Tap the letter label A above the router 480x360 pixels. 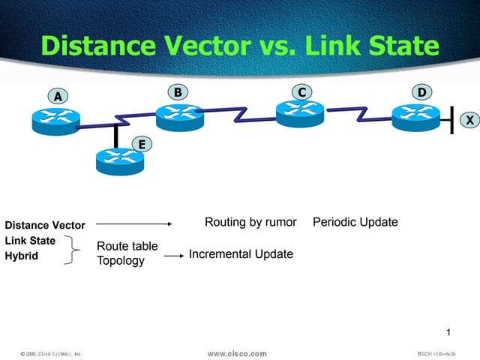pyautogui.click(x=56, y=96)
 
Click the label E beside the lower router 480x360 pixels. pyautogui.click(x=139, y=143)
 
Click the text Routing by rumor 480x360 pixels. pyautogui.click(x=250, y=222)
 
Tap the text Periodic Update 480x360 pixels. pyautogui.click(x=355, y=222)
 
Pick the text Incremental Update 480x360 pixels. pyautogui.click(x=241, y=254)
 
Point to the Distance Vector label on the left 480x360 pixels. pyautogui.click(x=45, y=225)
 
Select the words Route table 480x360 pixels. pyautogui.click(x=127, y=246)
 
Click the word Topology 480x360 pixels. pyautogui.click(x=121, y=261)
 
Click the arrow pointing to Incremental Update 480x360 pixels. pyautogui.click(x=173, y=256)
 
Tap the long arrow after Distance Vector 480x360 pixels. pyautogui.click(x=134, y=223)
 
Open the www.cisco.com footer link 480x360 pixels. pyautogui.click(x=237, y=352)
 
